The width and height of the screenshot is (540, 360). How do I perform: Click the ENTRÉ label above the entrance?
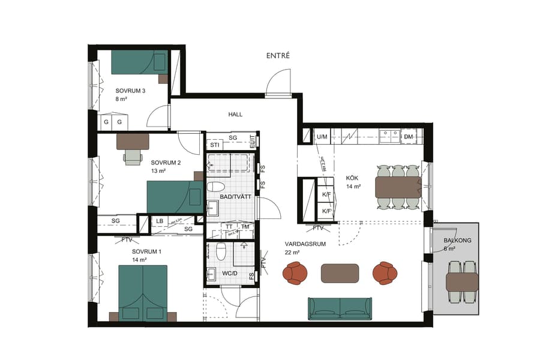(278, 55)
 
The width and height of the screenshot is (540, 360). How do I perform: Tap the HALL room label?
(235, 114)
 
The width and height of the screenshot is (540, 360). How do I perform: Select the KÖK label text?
(352, 178)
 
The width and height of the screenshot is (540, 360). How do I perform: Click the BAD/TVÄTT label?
(231, 196)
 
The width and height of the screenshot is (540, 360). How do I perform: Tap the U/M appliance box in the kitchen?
(322, 137)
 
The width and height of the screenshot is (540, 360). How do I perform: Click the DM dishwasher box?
(409, 137)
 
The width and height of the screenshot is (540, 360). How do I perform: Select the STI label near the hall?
(214, 145)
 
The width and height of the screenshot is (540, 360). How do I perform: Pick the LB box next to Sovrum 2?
(160, 221)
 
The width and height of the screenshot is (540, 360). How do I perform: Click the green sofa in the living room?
(340, 308)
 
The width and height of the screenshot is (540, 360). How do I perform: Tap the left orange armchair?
(295, 273)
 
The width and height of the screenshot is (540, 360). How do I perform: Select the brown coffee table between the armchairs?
(340, 273)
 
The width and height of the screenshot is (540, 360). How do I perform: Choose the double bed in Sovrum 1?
(142, 293)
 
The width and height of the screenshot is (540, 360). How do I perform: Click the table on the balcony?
(462, 281)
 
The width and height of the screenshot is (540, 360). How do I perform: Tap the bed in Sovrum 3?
(139, 62)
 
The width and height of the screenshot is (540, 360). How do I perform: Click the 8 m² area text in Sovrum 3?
(122, 100)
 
